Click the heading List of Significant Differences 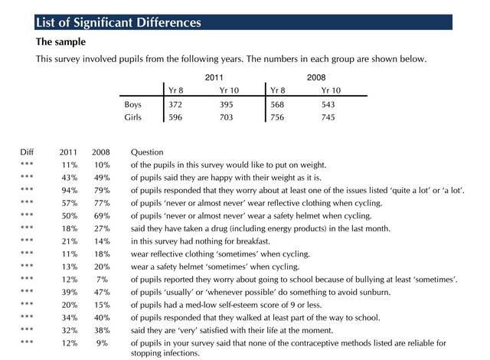pyautogui.click(x=119, y=22)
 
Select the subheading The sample pyautogui.click(x=60, y=41)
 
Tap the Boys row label pyautogui.click(x=132, y=104)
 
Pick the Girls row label pyautogui.click(x=132, y=117)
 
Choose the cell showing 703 pyautogui.click(x=227, y=117)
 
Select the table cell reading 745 pyautogui.click(x=328, y=117)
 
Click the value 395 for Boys pyautogui.click(x=227, y=104)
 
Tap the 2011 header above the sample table pyautogui.click(x=214, y=78)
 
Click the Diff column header pyautogui.click(x=27, y=152)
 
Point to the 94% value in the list pyautogui.click(x=69, y=190)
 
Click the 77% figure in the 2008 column pyautogui.click(x=100, y=203)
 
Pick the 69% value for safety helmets pyautogui.click(x=100, y=215)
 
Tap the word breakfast pyautogui.click(x=256, y=241)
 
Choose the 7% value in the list pyautogui.click(x=103, y=279)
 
